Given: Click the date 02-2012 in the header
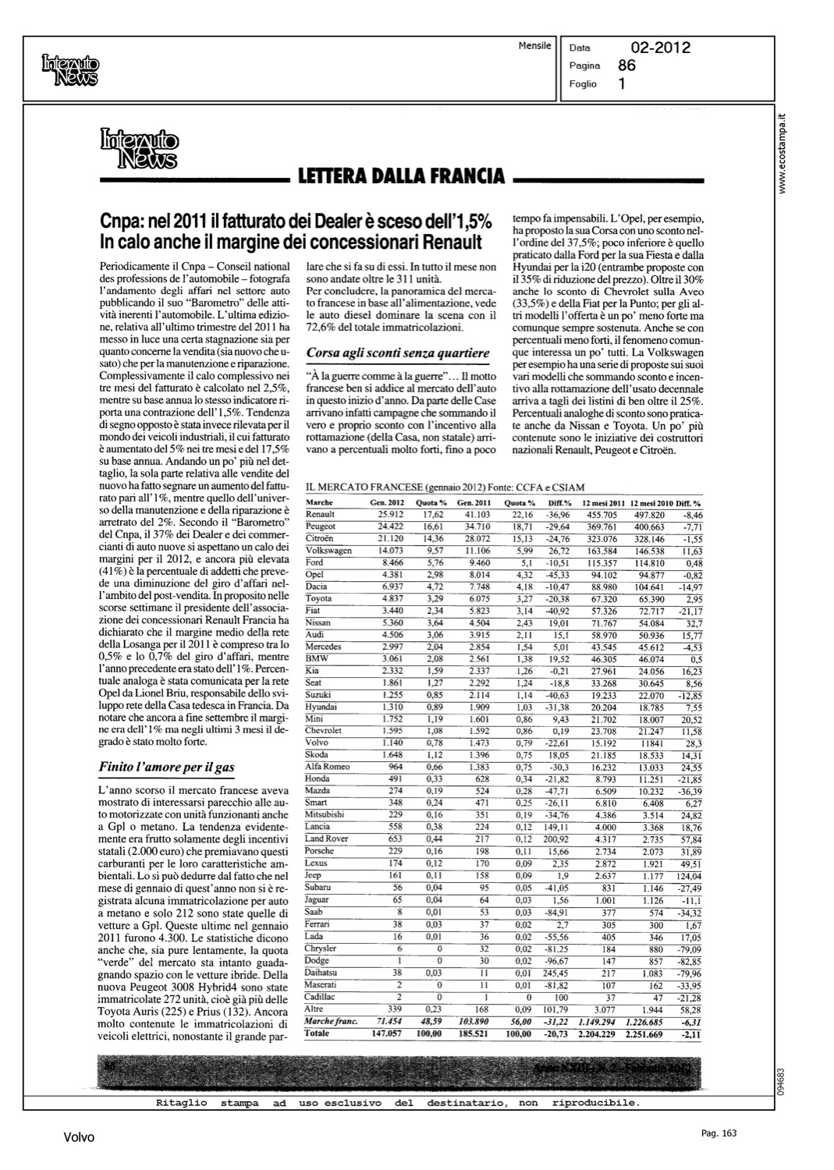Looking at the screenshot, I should point(660,48).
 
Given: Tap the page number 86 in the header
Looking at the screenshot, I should point(626,66).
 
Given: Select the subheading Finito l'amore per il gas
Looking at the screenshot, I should point(166,767).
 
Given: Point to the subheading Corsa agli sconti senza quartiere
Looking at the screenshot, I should point(398,353).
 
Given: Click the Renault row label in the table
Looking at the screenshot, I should point(321,515).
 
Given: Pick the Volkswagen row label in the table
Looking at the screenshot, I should point(328,551).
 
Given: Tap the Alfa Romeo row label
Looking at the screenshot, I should point(327,767).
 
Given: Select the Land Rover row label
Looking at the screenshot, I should point(326,838).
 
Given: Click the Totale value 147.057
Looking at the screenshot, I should point(389,1033).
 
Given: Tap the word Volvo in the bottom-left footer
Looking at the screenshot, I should point(79,1137).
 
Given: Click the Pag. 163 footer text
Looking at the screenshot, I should point(719,1133).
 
